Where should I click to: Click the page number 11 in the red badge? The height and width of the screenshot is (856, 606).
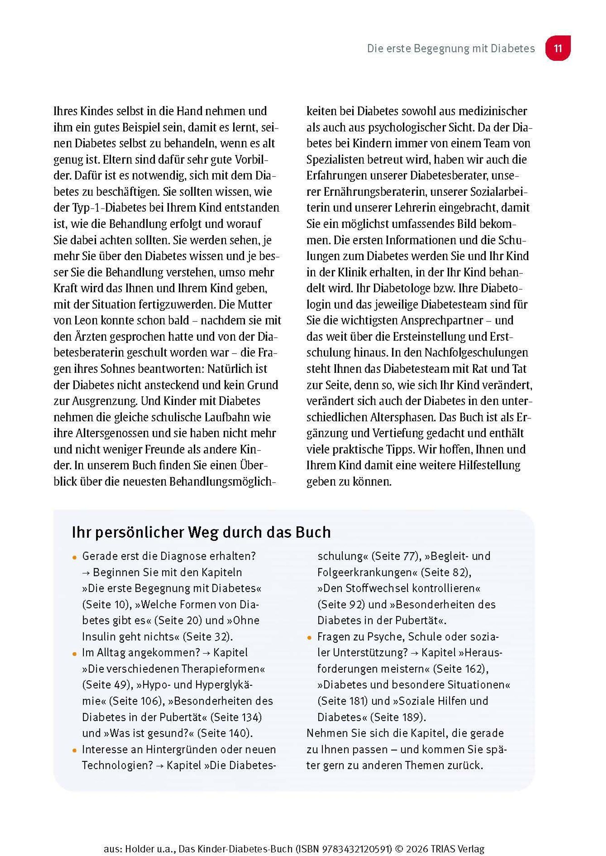[x=558, y=49]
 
